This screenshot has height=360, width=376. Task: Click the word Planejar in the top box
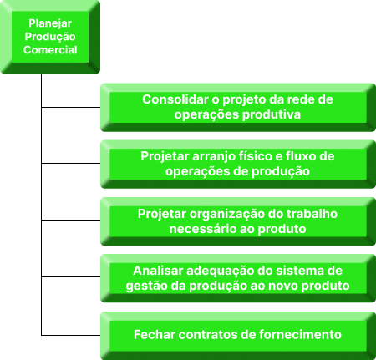(x=50, y=23)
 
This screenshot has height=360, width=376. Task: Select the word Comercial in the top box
(x=50, y=50)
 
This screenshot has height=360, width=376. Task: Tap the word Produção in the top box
(x=50, y=37)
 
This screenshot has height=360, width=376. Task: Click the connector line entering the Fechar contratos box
(x=71, y=335)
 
